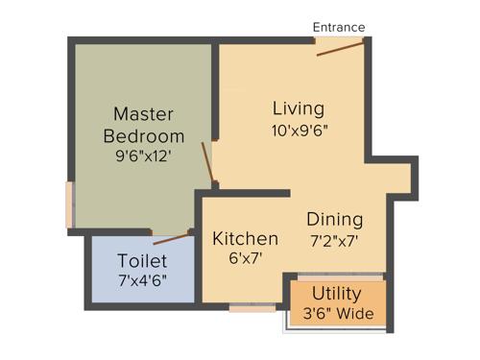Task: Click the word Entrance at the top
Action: pyautogui.click(x=339, y=27)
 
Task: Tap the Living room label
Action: pyautogui.click(x=298, y=108)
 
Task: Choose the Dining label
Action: pyautogui.click(x=335, y=218)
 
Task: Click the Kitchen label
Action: pyautogui.click(x=246, y=238)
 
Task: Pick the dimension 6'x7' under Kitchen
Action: pyautogui.click(x=246, y=257)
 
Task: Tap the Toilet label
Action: pyautogui.click(x=142, y=261)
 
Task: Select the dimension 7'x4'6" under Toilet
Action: pyautogui.click(x=142, y=280)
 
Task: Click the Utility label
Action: pyautogui.click(x=338, y=295)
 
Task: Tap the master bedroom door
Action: pyautogui.click(x=206, y=161)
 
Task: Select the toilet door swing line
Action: pyautogui.click(x=173, y=238)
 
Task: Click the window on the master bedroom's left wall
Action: pyautogui.click(x=69, y=204)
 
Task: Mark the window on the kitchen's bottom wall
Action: pyautogui.click(x=252, y=308)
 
